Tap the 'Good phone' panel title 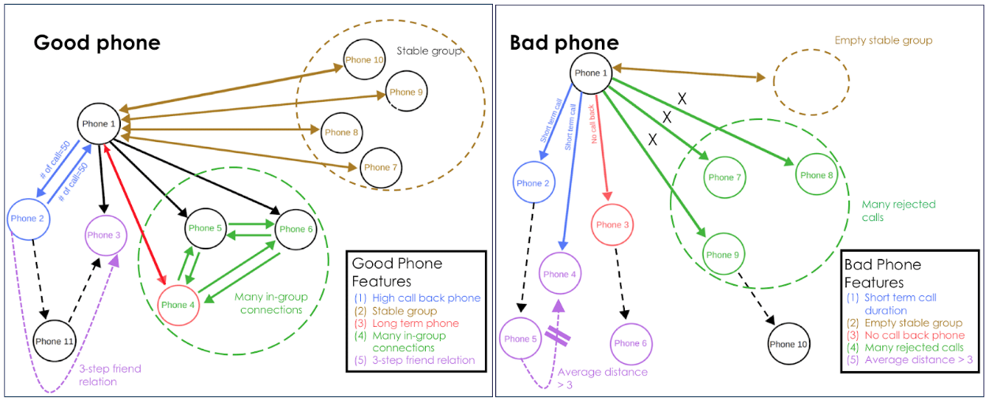[96, 43]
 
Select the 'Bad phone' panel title [564, 42]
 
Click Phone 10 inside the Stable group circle [364, 60]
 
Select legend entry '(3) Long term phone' [405, 323]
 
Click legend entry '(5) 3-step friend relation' [414, 360]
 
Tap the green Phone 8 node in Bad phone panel [817, 175]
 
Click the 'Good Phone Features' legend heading [397, 272]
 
